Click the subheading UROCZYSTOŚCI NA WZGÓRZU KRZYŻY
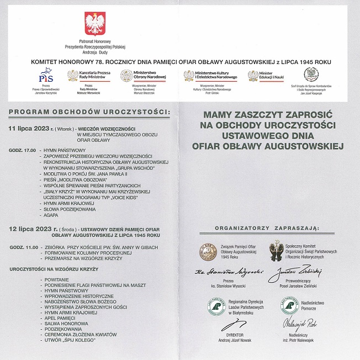click(54, 268)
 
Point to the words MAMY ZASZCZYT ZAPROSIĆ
click(266, 116)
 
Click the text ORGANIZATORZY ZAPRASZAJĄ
click(267, 227)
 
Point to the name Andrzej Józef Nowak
click(227, 340)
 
